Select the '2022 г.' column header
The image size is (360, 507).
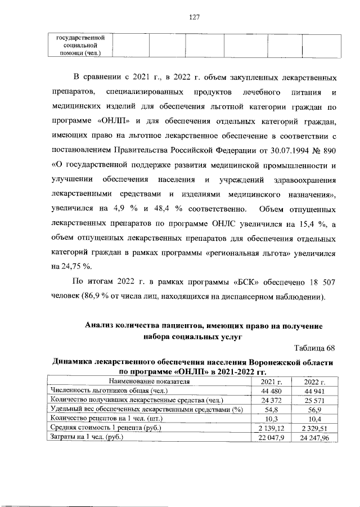click(315, 382)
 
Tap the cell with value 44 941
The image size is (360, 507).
click(315, 391)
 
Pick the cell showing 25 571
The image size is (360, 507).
click(315, 400)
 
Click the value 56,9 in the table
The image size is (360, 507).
click(315, 409)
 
